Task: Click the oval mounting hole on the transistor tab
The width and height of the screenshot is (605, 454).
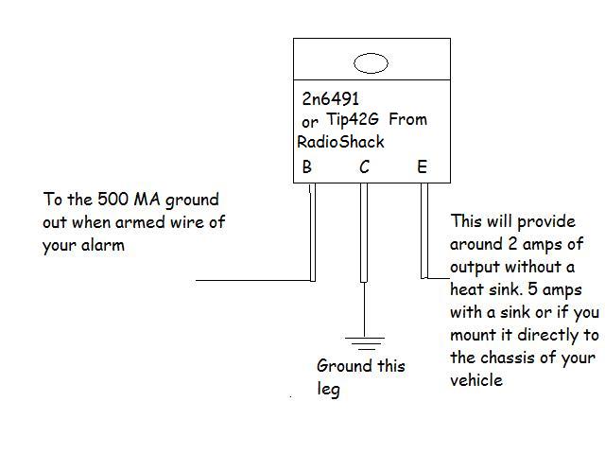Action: (371, 63)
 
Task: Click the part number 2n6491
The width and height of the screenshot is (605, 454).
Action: (330, 98)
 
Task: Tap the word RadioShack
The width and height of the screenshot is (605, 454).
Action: (340, 141)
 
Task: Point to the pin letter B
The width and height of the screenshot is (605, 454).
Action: (306, 167)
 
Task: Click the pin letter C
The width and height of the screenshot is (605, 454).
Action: (364, 167)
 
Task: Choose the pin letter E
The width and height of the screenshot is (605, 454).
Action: (422, 167)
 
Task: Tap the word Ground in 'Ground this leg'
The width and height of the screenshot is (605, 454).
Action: (339, 366)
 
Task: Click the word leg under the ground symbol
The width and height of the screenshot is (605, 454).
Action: (327, 388)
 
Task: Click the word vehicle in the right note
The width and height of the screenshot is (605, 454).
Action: (476, 380)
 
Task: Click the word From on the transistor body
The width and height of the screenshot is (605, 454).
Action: (408, 120)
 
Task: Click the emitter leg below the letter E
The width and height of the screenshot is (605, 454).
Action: (424, 232)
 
